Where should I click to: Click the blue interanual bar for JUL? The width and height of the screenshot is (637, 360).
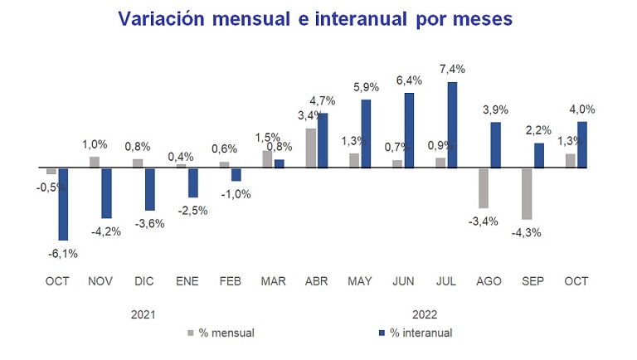452,124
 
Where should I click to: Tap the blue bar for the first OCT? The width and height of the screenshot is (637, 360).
62,204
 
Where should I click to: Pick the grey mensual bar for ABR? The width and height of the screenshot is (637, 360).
311,148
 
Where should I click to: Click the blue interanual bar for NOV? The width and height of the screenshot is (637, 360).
106,192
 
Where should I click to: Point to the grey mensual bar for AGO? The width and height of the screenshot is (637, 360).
483,187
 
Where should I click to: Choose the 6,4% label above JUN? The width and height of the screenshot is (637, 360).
410,80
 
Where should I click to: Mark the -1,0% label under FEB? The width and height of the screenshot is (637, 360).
236,195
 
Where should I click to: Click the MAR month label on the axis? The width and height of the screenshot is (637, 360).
274,281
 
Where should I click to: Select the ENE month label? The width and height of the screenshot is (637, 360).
187,281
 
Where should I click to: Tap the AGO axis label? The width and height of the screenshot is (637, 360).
488,281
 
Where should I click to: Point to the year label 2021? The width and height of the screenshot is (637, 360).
144,314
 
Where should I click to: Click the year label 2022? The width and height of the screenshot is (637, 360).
424,314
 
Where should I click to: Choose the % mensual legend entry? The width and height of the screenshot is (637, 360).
220,333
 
